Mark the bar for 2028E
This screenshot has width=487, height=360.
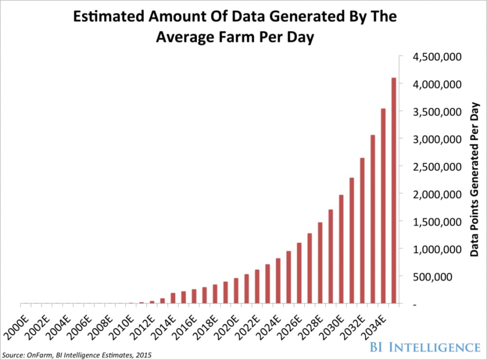(320, 264)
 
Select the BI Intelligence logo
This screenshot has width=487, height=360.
(424, 347)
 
